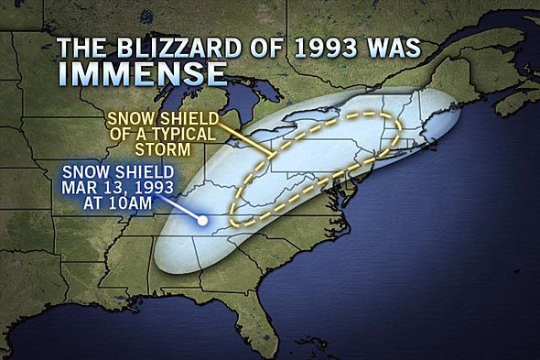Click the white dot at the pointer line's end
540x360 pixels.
coord(204,221)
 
